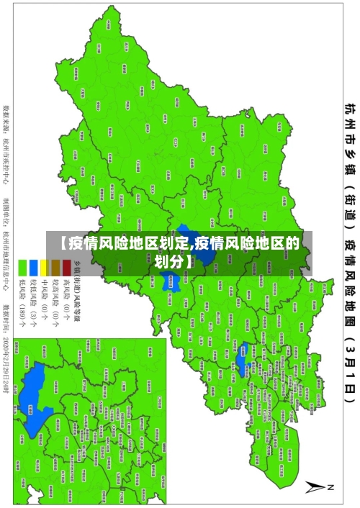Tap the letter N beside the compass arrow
tap(331, 487)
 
